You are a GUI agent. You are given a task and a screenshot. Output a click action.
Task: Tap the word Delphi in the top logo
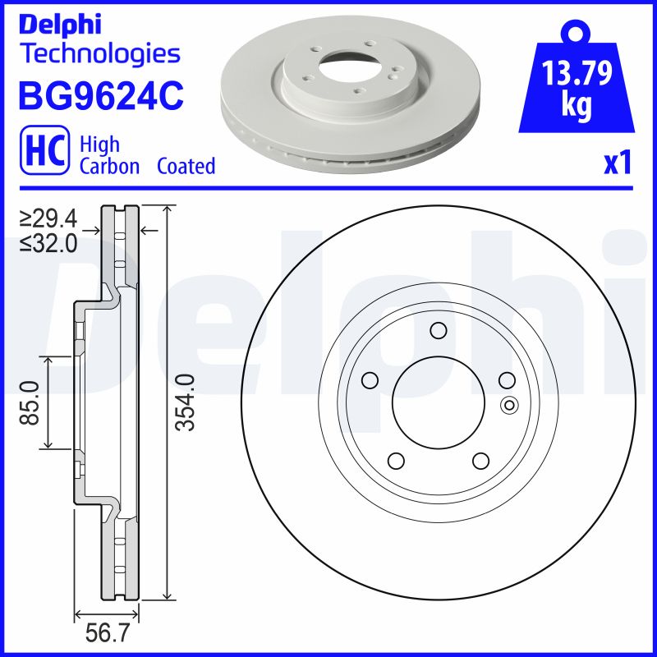click(59, 24)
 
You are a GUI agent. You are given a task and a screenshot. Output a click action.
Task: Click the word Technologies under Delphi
click(99, 54)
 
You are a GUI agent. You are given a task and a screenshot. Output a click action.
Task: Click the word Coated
click(186, 166)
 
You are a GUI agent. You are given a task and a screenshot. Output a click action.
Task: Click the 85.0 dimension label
click(30, 402)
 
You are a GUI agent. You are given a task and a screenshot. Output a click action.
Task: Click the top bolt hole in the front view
click(437, 331)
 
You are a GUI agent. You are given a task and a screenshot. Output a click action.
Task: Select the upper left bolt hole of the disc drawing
click(370, 379)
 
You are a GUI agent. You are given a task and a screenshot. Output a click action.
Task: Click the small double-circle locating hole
click(507, 404)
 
